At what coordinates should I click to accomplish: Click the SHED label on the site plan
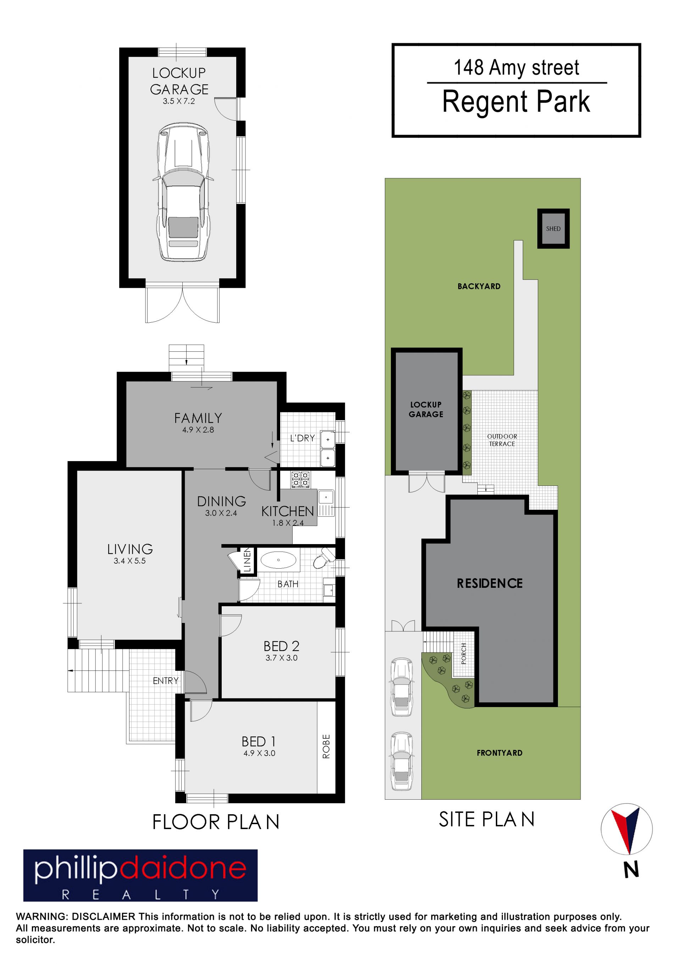[553, 229]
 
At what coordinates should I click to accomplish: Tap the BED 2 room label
[281, 646]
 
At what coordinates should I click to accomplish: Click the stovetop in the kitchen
[300, 480]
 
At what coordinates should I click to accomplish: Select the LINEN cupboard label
[247, 560]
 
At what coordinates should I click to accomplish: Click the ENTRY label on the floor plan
[165, 681]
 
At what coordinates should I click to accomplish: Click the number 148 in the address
[469, 67]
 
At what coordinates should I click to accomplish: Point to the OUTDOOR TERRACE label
[502, 440]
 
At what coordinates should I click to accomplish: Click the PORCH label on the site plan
[464, 654]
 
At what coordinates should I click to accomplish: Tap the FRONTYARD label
[499, 753]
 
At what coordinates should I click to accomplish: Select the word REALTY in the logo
[140, 895]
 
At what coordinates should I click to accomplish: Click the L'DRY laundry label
[302, 438]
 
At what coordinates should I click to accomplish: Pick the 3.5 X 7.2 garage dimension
[179, 101]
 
